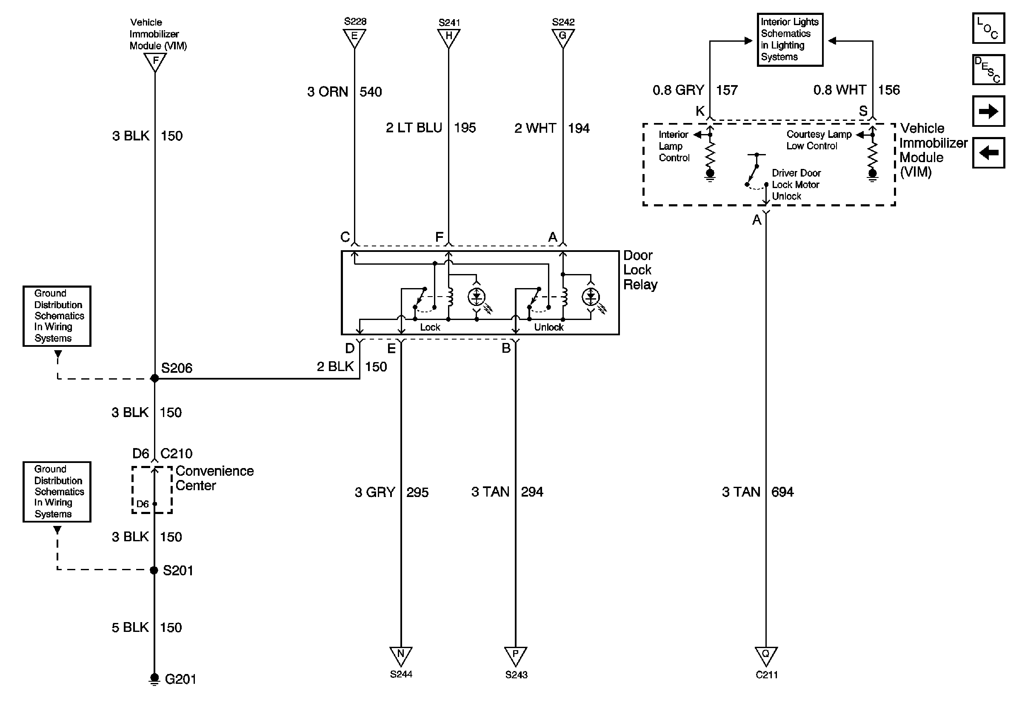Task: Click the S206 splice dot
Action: pyautogui.click(x=154, y=379)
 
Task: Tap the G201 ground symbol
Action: pyautogui.click(x=154, y=679)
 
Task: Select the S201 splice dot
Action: pyautogui.click(x=154, y=570)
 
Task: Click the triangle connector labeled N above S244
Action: pyautogui.click(x=401, y=655)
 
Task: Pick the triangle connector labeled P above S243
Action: pyautogui.click(x=515, y=655)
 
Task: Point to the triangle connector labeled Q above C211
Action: pyautogui.click(x=765, y=655)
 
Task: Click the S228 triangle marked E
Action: pyautogui.click(x=354, y=37)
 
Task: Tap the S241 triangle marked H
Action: pyautogui.click(x=449, y=37)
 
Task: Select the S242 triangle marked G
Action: pyautogui.click(x=562, y=37)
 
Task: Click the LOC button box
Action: pyautogui.click(x=988, y=29)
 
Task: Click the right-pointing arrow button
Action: pyautogui.click(x=988, y=111)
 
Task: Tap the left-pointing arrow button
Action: pyautogui.click(x=988, y=153)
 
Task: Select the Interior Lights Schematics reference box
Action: pyautogui.click(x=790, y=40)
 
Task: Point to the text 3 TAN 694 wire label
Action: pyautogui.click(x=757, y=492)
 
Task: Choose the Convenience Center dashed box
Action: pyautogui.click(x=152, y=490)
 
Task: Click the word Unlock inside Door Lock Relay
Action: pyautogui.click(x=548, y=328)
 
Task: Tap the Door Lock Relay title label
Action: pyautogui.click(x=639, y=270)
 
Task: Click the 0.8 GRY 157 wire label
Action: pyautogui.click(x=694, y=90)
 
